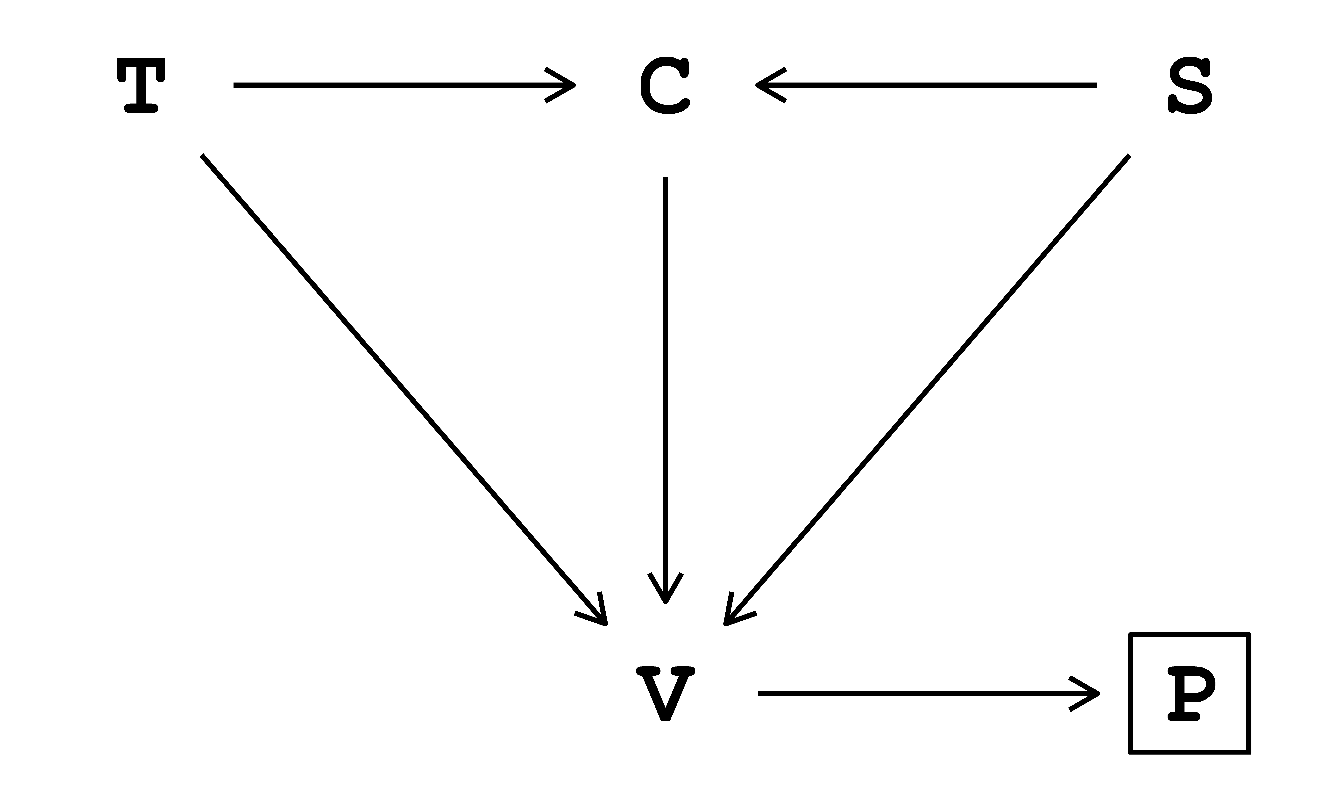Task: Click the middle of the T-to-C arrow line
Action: (x=404, y=85)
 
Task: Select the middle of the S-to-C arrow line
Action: (x=927, y=85)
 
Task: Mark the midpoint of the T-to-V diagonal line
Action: (x=404, y=390)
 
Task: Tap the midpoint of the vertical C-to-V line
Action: (x=665, y=390)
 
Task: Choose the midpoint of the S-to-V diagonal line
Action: (x=927, y=390)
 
